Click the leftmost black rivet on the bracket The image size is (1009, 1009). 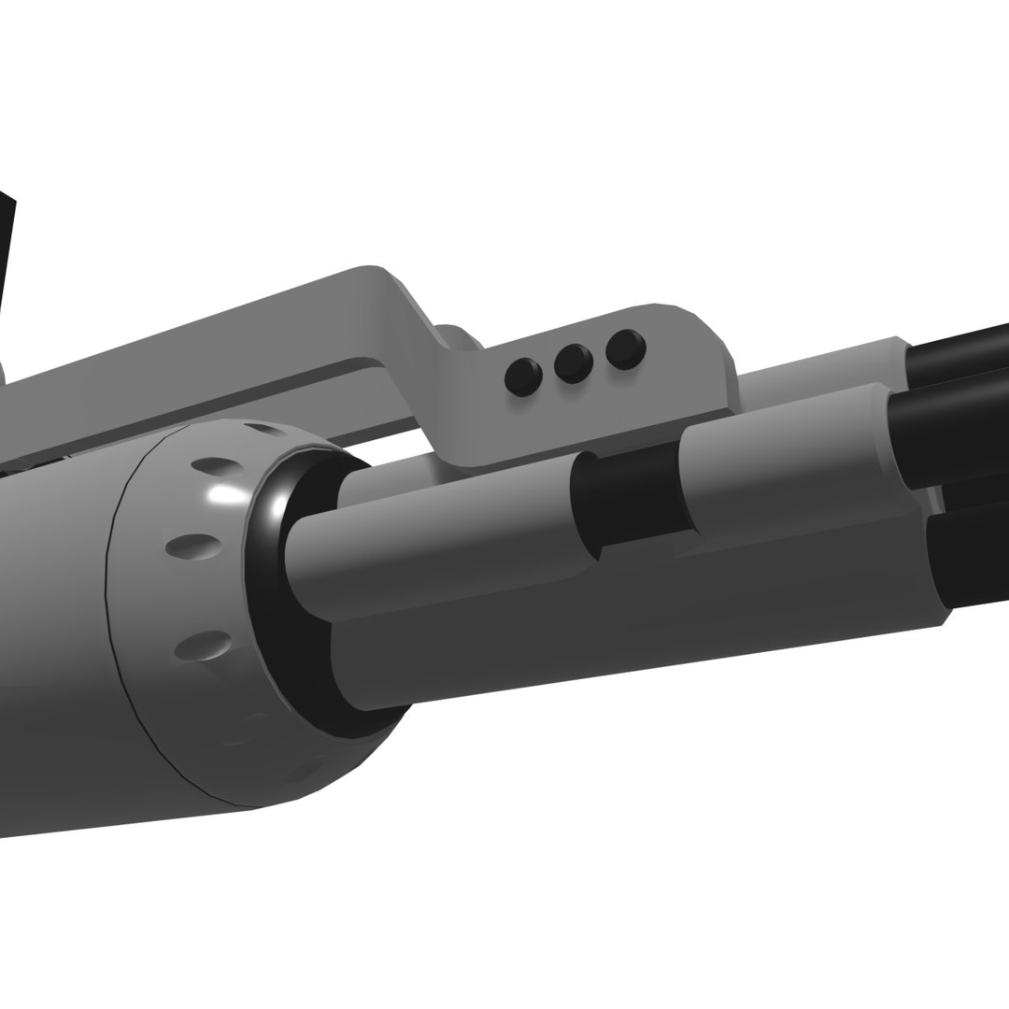[524, 377]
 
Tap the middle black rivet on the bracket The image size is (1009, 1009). [574, 363]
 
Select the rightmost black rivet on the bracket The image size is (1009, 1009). [626, 348]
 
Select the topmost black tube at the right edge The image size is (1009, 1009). [962, 355]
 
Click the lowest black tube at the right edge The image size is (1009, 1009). [972, 561]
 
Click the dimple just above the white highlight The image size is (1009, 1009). [217, 465]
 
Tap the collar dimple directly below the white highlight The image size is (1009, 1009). [193, 546]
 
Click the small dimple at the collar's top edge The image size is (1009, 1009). [266, 429]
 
